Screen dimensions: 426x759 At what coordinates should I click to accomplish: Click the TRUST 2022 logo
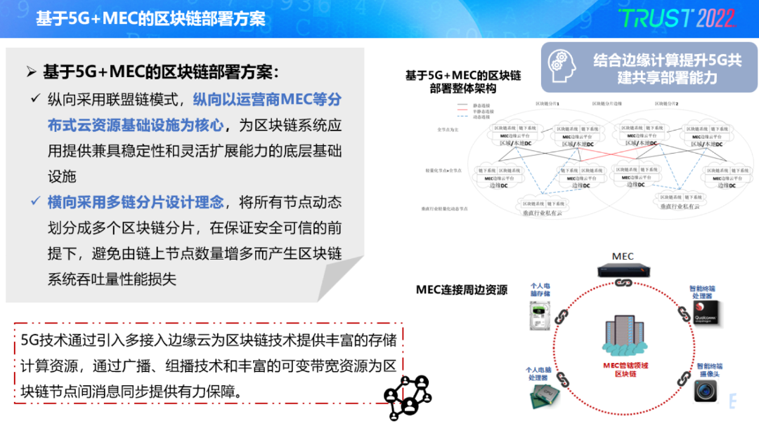click(676, 18)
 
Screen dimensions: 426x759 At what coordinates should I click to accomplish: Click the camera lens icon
click(706, 390)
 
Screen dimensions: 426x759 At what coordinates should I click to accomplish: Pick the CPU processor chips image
click(539, 396)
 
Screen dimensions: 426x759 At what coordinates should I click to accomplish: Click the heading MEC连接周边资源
click(462, 290)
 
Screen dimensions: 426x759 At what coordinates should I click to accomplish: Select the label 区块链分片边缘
click(604, 103)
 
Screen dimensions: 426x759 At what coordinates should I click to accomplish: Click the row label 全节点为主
click(448, 129)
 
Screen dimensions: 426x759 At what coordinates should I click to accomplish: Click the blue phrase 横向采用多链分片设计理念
click(136, 202)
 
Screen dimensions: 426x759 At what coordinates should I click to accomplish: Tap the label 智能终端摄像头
click(709, 370)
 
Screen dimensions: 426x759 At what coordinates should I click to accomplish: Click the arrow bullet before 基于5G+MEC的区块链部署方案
click(31, 72)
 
